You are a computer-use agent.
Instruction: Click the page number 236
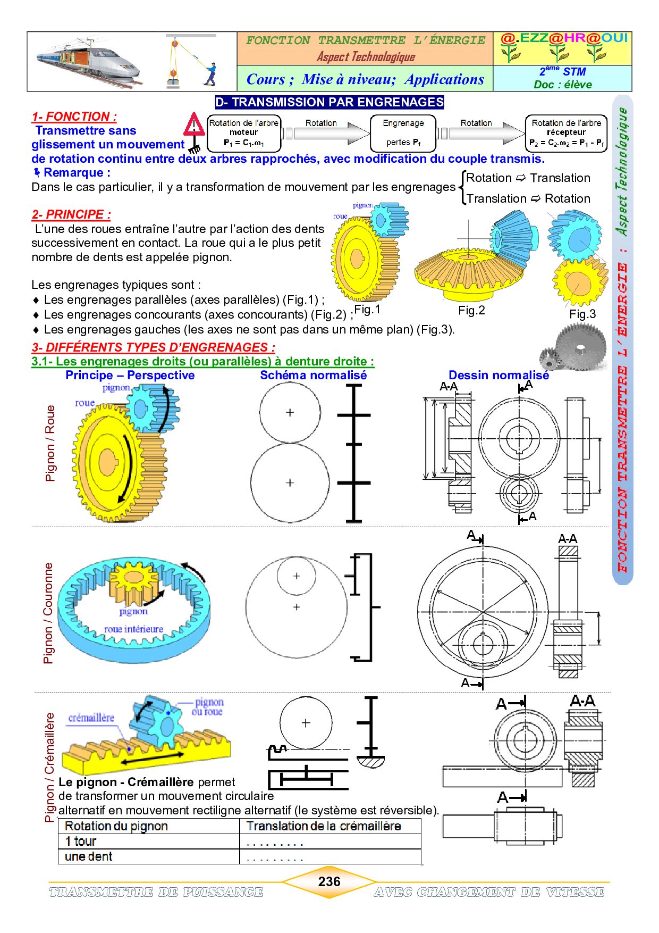pyautogui.click(x=329, y=881)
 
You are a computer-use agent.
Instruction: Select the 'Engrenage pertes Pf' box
pyautogui.click(x=403, y=133)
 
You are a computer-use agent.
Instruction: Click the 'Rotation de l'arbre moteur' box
pyautogui.click(x=243, y=133)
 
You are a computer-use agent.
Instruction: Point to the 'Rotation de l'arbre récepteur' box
pyautogui.click(x=566, y=133)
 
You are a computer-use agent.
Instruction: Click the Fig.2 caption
pyautogui.click(x=471, y=311)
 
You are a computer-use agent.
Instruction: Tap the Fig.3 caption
pyautogui.click(x=582, y=314)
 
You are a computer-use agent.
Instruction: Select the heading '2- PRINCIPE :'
pyautogui.click(x=71, y=214)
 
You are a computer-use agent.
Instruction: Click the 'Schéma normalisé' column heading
pyautogui.click(x=313, y=375)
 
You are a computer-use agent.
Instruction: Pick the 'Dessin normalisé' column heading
pyautogui.click(x=499, y=375)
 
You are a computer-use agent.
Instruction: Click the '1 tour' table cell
pyautogui.click(x=81, y=842)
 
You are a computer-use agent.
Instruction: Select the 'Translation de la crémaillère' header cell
pyautogui.click(x=324, y=826)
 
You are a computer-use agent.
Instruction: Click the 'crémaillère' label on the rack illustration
pyautogui.click(x=91, y=718)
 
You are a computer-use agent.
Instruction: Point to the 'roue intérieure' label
pyautogui.click(x=133, y=629)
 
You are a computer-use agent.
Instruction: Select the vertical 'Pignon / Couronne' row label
pyautogui.click(x=48, y=613)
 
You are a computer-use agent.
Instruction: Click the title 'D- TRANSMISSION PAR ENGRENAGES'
pyautogui.click(x=329, y=102)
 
